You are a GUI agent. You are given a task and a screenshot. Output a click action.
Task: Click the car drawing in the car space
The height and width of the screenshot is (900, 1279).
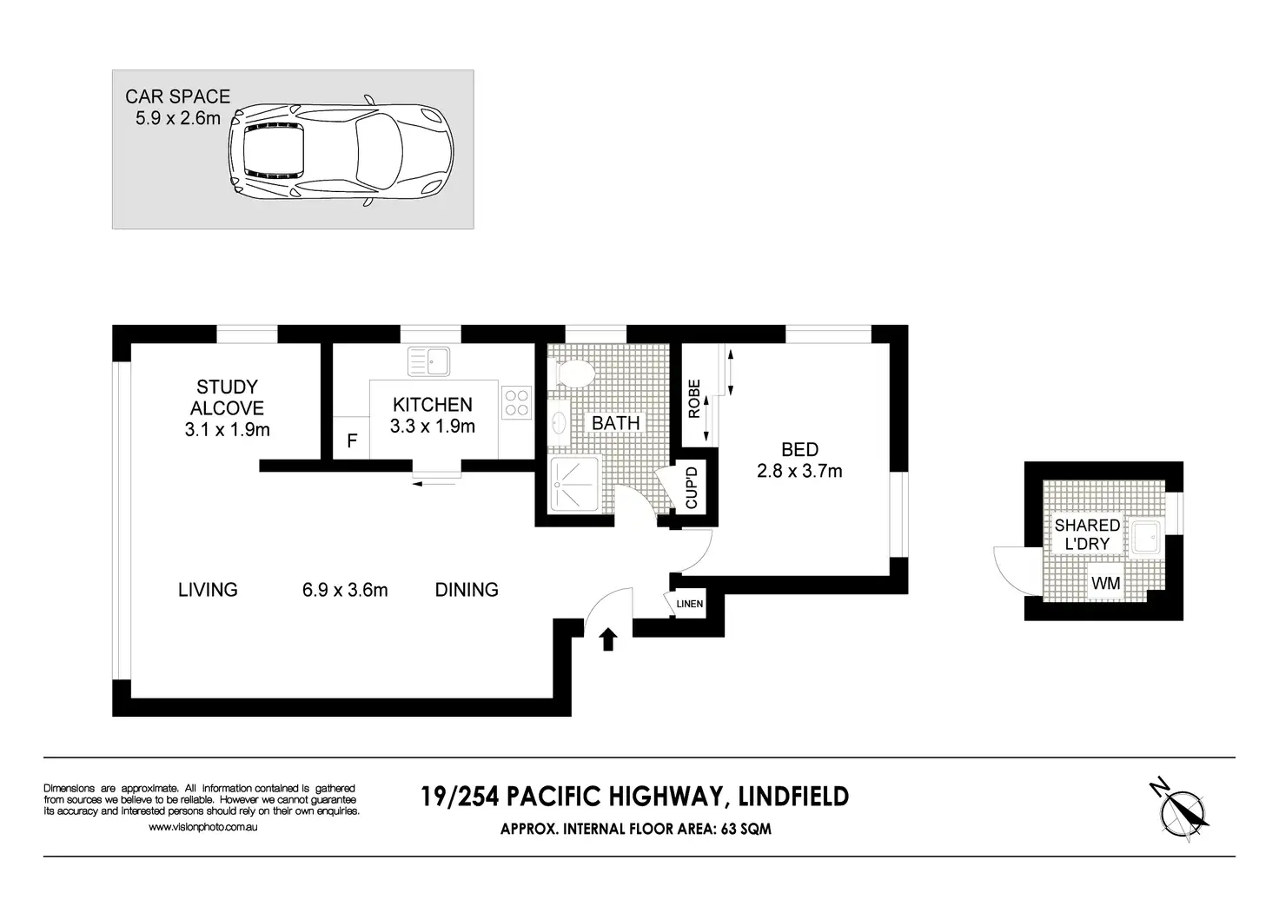(341, 150)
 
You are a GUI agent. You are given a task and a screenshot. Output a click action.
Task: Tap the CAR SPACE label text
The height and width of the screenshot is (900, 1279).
(177, 96)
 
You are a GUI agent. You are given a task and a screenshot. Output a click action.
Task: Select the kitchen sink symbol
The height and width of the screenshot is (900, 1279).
(428, 361)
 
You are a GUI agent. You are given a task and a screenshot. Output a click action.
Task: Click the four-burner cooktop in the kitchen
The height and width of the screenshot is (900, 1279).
(516, 402)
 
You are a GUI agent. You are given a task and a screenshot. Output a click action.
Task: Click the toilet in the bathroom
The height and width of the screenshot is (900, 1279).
(571, 374)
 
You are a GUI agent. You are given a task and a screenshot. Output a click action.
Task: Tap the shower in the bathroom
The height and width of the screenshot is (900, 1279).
(573, 484)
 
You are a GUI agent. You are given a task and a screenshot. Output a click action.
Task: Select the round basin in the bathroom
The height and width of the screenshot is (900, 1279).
(558, 423)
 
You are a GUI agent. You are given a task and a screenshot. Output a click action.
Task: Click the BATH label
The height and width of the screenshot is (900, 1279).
(615, 423)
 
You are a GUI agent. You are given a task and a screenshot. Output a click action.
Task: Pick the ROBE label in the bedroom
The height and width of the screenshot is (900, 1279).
(693, 399)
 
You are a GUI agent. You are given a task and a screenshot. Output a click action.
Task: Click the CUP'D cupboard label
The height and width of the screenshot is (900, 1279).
(692, 487)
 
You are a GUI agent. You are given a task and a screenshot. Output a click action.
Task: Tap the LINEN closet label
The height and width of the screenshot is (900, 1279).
(689, 604)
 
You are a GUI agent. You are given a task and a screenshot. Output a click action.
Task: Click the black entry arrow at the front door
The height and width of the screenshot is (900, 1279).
(608, 639)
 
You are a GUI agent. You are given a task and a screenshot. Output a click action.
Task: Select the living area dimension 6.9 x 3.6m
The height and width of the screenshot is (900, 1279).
(345, 590)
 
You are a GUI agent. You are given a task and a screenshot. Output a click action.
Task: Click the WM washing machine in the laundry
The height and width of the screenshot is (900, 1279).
(1105, 583)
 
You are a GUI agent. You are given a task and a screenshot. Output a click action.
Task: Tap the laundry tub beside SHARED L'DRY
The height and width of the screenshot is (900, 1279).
(1145, 538)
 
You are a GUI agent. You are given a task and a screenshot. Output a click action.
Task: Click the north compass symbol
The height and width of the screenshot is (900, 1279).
(1180, 811)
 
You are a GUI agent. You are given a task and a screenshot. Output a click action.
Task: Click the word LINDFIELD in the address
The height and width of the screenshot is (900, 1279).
(793, 796)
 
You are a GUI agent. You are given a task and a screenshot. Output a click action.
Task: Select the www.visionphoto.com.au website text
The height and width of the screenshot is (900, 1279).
(202, 826)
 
